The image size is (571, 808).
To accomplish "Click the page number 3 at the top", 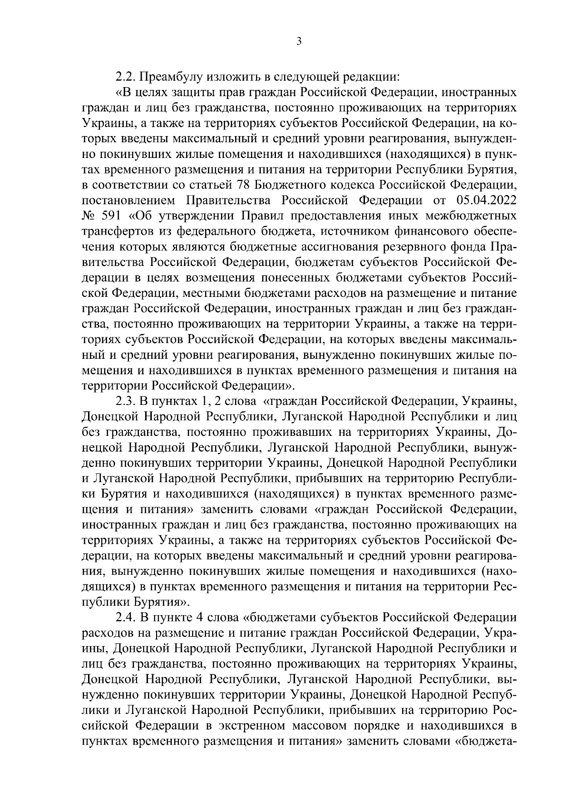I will [298, 41].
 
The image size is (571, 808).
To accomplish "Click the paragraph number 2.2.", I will [126, 76].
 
